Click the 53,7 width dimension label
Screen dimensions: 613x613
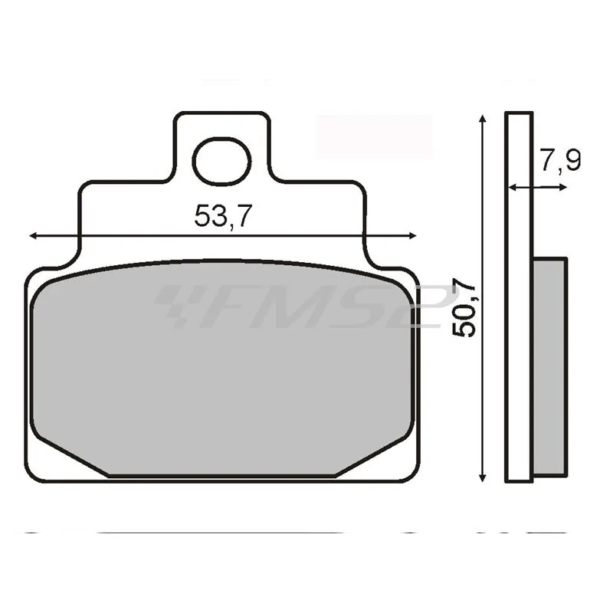pyautogui.click(x=222, y=217)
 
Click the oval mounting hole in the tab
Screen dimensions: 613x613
pyautogui.click(x=222, y=162)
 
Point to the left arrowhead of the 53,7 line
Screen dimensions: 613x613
pyautogui.click(x=33, y=237)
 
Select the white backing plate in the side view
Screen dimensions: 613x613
pyautogui.click(x=519, y=299)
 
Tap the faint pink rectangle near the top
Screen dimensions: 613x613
pyautogui.click(x=375, y=136)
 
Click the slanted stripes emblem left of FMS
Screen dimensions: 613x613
pyautogui.click(x=175, y=305)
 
